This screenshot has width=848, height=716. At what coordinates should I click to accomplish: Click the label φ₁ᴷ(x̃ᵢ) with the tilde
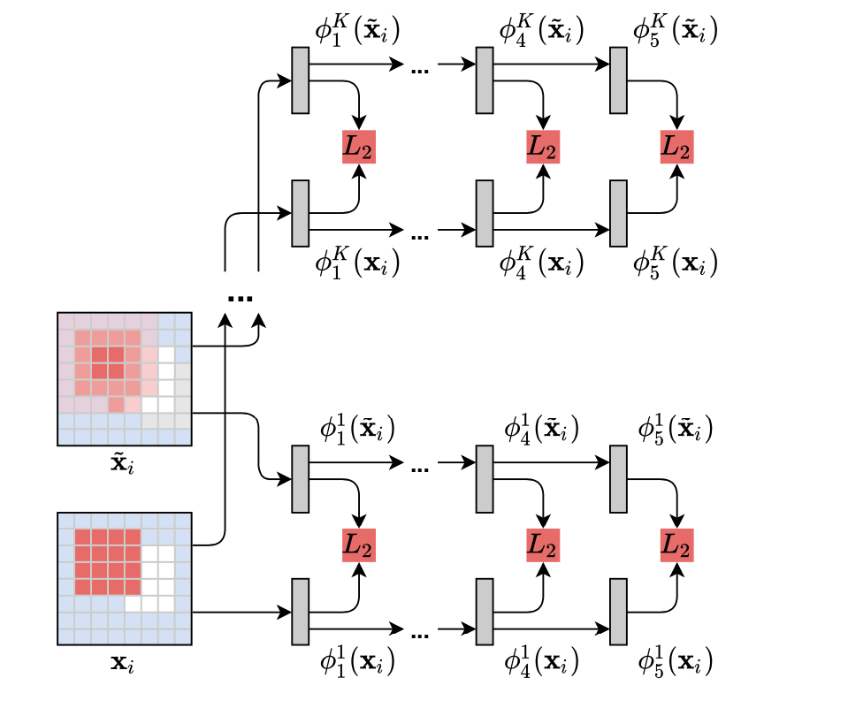[357, 32]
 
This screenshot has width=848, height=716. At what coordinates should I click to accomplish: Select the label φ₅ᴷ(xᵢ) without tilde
[675, 263]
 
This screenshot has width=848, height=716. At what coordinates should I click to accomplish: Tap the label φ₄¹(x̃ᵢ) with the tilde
[541, 430]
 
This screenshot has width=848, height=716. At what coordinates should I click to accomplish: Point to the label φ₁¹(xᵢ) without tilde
[357, 660]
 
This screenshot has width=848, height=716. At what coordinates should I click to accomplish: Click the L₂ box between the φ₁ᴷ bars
[359, 147]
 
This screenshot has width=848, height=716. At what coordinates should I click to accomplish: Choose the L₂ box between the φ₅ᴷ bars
[677, 147]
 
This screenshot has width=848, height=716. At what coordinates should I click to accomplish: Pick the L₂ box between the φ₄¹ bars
[543, 545]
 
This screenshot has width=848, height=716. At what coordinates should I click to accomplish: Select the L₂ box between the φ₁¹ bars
[359, 545]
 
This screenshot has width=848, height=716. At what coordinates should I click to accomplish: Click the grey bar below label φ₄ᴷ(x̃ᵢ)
[485, 80]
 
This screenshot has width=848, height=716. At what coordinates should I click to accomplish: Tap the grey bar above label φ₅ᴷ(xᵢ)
[619, 213]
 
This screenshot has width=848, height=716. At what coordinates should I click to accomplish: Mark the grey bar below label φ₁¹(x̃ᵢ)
[301, 478]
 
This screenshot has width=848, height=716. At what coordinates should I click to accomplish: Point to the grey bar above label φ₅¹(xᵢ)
[619, 612]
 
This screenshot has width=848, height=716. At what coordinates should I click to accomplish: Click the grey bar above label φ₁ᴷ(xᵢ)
[301, 213]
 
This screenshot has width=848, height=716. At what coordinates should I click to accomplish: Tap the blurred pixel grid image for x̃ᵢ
[125, 378]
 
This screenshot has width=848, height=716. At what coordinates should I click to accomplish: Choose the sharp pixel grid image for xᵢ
[125, 578]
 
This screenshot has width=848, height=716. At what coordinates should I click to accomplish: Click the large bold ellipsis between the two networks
[241, 298]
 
